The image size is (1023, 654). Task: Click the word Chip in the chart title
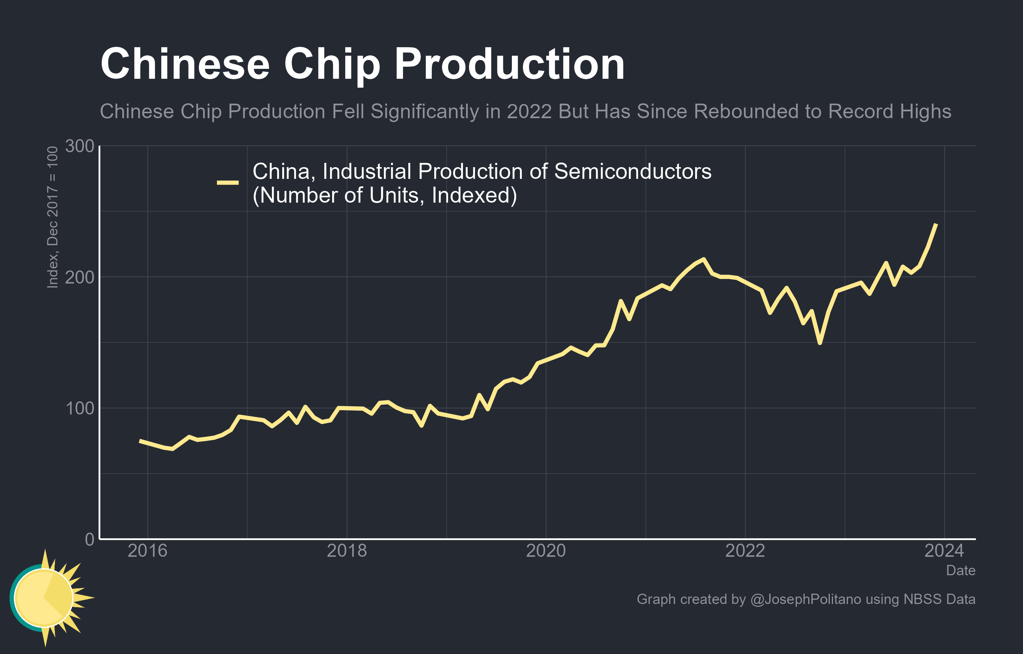tap(332, 65)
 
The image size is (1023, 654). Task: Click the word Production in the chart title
tap(509, 65)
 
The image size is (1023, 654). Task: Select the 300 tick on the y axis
tap(79, 146)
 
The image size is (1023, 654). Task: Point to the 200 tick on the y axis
tap(79, 277)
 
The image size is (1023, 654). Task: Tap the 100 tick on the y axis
tap(79, 408)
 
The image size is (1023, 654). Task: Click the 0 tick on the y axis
tap(90, 539)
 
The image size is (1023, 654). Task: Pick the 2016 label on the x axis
tap(147, 551)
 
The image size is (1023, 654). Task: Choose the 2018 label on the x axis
tap(347, 551)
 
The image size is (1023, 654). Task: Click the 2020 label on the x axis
tap(546, 551)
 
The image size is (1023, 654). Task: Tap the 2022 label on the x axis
tap(745, 551)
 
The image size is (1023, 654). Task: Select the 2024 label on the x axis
tap(944, 551)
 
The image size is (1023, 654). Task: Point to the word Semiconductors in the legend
tap(633, 172)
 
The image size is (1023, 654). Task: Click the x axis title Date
tap(961, 571)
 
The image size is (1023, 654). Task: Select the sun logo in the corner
tap(47, 598)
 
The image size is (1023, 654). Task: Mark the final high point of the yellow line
tap(936, 224)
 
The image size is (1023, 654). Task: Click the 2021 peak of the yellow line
tap(704, 259)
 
